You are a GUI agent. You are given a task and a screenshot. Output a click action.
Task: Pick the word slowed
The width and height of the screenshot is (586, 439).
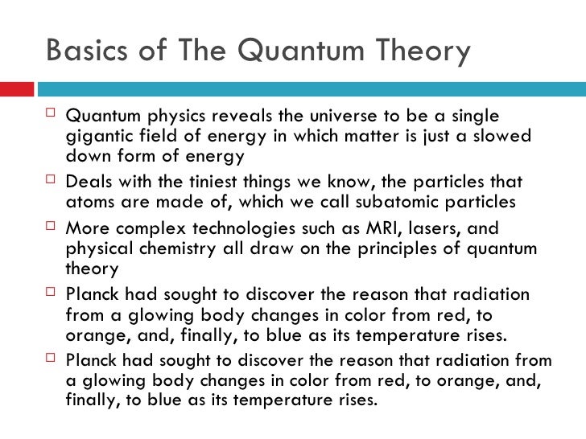(x=502, y=137)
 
